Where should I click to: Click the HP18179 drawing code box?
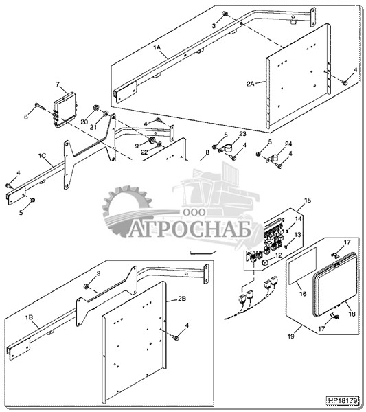click(343, 401)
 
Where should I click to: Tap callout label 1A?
click(157, 47)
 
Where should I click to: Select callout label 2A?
click(250, 84)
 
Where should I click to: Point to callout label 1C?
click(42, 156)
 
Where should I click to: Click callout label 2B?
click(182, 299)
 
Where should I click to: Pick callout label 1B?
click(29, 317)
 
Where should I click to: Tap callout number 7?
click(58, 84)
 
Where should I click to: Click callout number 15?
click(308, 201)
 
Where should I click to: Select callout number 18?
click(352, 314)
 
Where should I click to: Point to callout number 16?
click(303, 293)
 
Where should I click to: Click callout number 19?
click(291, 336)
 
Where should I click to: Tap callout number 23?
click(243, 134)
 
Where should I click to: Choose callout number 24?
click(288, 144)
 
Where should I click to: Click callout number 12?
click(278, 255)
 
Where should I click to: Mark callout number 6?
click(26, 117)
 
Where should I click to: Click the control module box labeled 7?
click(65, 109)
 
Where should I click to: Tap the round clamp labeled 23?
click(227, 149)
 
